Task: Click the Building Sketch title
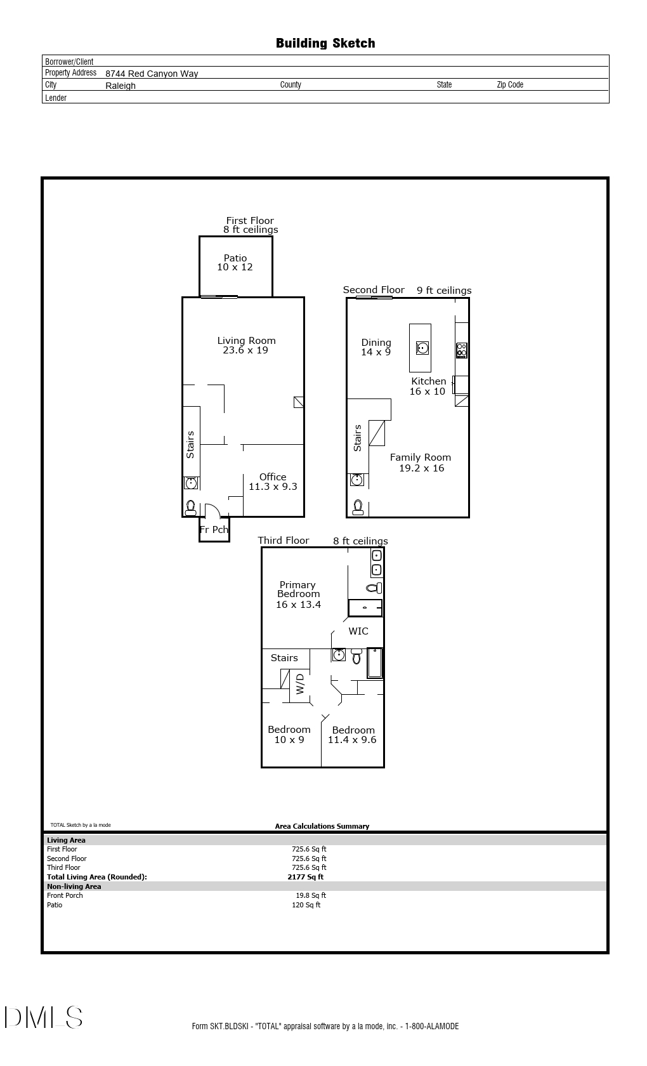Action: pyautogui.click(x=325, y=43)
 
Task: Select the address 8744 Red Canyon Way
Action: pyautogui.click(x=152, y=74)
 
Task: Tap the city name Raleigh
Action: pyautogui.click(x=121, y=86)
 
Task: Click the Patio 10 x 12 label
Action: pyautogui.click(x=235, y=263)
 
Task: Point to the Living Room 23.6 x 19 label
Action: pyautogui.click(x=246, y=345)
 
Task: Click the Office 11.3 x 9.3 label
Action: pyautogui.click(x=273, y=482)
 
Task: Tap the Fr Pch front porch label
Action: pyautogui.click(x=214, y=529)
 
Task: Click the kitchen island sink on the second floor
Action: pyautogui.click(x=422, y=348)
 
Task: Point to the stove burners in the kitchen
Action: pyautogui.click(x=462, y=350)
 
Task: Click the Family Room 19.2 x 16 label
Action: pyautogui.click(x=421, y=463)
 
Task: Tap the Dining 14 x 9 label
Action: pyautogui.click(x=376, y=347)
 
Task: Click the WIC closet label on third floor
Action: pyautogui.click(x=358, y=631)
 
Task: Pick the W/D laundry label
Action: pyautogui.click(x=300, y=683)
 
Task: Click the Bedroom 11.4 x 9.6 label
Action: pyautogui.click(x=353, y=735)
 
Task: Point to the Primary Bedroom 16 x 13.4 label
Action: pyautogui.click(x=298, y=595)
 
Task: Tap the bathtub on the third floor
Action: pyautogui.click(x=375, y=663)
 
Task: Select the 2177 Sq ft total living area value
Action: pyautogui.click(x=305, y=877)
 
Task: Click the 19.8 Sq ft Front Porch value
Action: pyautogui.click(x=311, y=895)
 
